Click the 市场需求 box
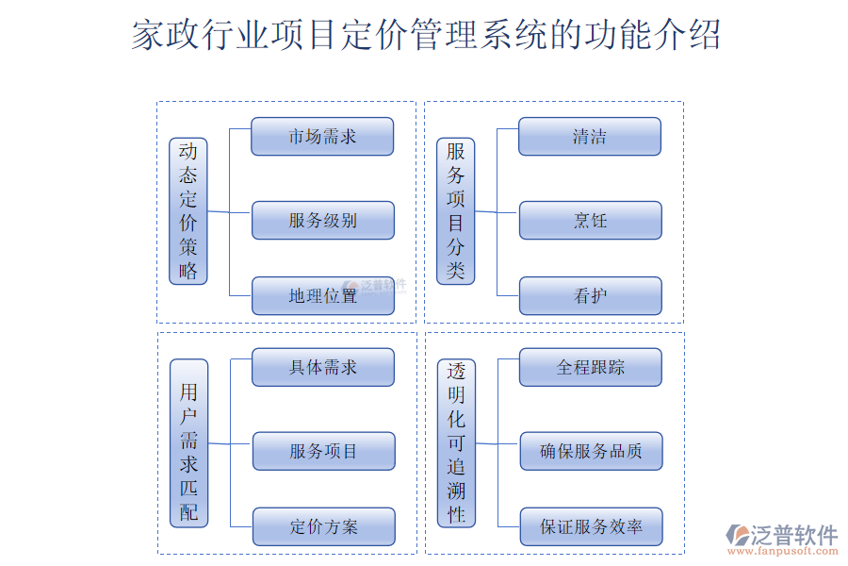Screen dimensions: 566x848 click(322, 137)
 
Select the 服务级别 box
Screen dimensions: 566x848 click(322, 221)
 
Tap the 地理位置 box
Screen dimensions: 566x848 click(322, 296)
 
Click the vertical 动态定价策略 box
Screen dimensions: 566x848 click(188, 211)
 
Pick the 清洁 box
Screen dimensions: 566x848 click(590, 137)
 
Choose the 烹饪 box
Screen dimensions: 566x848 click(590, 221)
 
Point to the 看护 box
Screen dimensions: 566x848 click(590, 296)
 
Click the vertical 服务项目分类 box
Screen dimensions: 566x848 click(456, 211)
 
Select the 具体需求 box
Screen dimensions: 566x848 click(322, 367)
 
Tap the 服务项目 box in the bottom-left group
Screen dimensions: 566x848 click(323, 451)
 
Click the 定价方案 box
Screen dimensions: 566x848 click(323, 526)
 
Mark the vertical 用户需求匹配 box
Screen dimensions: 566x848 click(188, 442)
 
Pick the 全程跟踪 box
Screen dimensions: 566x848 click(591, 367)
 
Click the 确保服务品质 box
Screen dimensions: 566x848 click(591, 451)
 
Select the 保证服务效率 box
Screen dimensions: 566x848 click(591, 526)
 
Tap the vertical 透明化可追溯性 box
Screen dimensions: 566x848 click(457, 442)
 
